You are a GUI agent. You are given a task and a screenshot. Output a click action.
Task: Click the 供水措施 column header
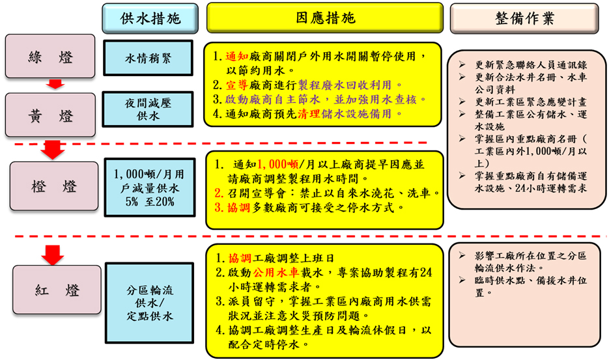click(150, 18)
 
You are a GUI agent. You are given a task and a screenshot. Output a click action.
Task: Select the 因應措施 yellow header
click(325, 18)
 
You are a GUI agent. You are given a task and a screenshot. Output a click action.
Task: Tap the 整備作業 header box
click(524, 18)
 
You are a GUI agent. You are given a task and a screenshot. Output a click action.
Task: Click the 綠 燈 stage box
click(50, 56)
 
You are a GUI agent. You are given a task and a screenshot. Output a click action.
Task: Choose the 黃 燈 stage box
click(50, 115)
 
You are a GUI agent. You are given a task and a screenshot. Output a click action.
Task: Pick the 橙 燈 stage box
click(54, 186)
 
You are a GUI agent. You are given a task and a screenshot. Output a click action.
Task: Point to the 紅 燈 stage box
click(57, 290)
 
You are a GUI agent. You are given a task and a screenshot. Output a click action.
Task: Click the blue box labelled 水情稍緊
click(148, 58)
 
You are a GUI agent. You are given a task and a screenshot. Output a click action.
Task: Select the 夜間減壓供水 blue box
click(148, 109)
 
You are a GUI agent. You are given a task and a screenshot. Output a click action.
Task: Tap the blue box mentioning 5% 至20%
click(150, 187)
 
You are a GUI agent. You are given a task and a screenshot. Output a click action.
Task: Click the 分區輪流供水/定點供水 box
click(150, 303)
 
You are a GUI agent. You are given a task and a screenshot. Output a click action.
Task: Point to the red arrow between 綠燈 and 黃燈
click(55, 84)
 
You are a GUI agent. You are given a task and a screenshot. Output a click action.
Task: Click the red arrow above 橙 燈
click(53, 150)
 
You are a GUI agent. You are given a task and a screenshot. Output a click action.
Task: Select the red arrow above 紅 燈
click(53, 255)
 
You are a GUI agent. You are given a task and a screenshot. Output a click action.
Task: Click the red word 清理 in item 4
click(309, 113)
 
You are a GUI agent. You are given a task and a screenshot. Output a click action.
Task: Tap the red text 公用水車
click(276, 272)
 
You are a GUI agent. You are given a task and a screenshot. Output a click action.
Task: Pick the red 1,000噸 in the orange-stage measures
click(277, 164)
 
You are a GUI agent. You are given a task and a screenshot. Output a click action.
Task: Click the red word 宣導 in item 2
click(237, 85)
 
